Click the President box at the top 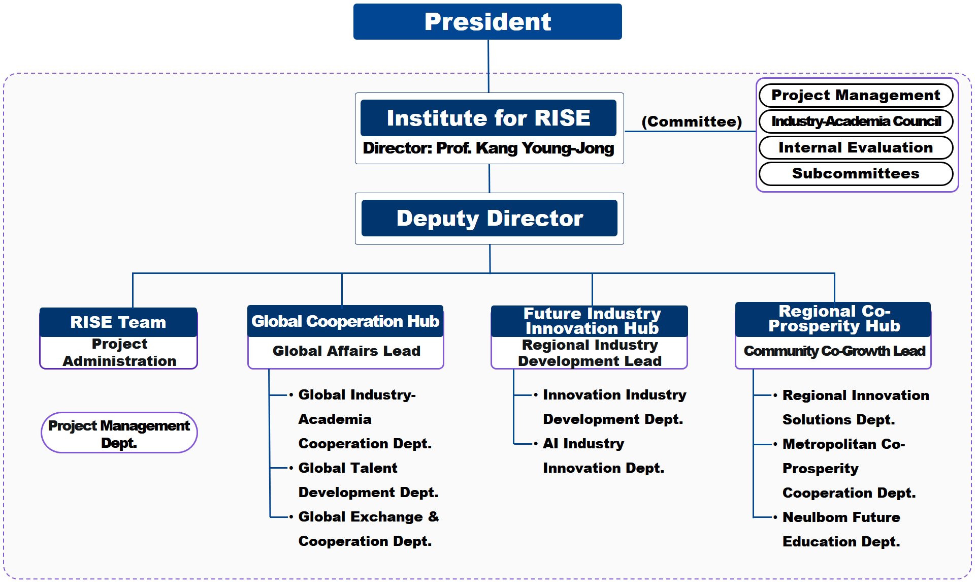487,21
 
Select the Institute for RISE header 488,118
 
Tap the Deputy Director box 490,218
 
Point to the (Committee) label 692,121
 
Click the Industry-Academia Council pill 856,121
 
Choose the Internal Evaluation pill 856,147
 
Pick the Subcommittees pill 856,174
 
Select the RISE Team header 118,322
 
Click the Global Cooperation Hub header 345,321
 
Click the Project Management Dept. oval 119,433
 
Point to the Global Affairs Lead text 346,351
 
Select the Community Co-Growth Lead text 834,351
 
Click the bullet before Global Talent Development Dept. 291,468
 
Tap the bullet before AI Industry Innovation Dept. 536,443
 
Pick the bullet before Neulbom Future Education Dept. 775,517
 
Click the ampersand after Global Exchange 434,516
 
